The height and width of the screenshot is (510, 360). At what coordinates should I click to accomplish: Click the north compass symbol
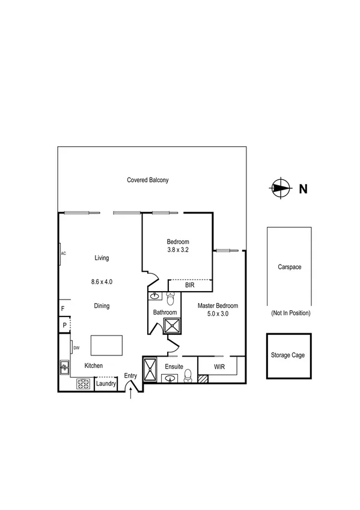(x=279, y=188)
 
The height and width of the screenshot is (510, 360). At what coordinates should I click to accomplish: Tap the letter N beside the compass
(x=304, y=189)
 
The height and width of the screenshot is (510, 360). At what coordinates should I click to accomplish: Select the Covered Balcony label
(x=148, y=180)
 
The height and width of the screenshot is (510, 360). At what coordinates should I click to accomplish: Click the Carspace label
(x=289, y=267)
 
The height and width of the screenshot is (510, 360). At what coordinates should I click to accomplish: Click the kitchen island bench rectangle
(x=106, y=346)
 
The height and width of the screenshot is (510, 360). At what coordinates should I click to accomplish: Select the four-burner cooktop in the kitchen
(x=83, y=384)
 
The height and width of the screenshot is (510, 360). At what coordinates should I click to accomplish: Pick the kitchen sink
(x=64, y=366)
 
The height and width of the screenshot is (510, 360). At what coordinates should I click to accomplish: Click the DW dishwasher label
(x=76, y=348)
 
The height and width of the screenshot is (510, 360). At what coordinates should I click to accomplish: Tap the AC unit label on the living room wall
(x=63, y=253)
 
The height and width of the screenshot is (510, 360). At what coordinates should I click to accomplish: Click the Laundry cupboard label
(x=106, y=384)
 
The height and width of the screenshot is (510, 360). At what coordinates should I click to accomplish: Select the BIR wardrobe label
(x=189, y=285)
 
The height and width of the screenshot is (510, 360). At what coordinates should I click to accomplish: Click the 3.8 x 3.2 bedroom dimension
(x=178, y=250)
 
